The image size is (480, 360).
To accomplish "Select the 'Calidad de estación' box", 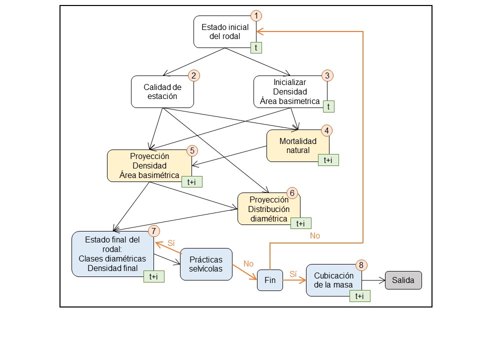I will pyautogui.click(x=162, y=91).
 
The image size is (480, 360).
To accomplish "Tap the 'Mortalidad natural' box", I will pyautogui.click(x=297, y=145).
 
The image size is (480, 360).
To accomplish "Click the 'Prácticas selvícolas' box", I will pyautogui.click(x=205, y=264).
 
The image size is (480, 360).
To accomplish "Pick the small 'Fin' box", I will pyautogui.click(x=269, y=280).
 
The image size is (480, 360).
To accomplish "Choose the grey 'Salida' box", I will pyautogui.click(x=403, y=280).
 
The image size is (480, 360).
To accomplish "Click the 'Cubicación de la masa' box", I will pyautogui.click(x=333, y=280).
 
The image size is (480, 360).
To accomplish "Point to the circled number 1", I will pyautogui.click(x=256, y=15).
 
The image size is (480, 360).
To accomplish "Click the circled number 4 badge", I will pyautogui.click(x=326, y=130).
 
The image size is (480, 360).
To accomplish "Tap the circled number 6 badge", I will pyautogui.click(x=293, y=193).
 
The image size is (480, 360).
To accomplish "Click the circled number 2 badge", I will pyautogui.click(x=193, y=76).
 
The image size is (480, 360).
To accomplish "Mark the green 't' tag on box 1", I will pyautogui.click(x=256, y=47).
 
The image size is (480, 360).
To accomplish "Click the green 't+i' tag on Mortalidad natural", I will pyautogui.click(x=328, y=160).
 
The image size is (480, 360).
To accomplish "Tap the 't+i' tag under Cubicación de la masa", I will pyautogui.click(x=359, y=296).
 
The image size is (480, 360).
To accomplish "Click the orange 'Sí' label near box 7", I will pyautogui.click(x=171, y=242).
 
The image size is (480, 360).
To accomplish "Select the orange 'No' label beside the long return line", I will pyautogui.click(x=314, y=235).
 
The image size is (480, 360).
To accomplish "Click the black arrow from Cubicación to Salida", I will pyautogui.click(x=372, y=280).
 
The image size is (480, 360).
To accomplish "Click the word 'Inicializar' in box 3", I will pyautogui.click(x=289, y=82).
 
